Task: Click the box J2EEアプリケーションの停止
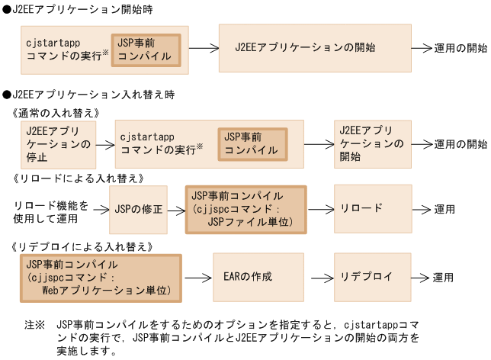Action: [x=58, y=143]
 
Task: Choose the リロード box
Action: [x=367, y=209]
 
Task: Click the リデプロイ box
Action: [x=367, y=276]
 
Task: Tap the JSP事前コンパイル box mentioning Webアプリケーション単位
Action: [x=99, y=276]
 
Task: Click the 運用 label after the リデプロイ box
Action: [x=445, y=277]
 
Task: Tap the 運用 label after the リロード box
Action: [x=445, y=210]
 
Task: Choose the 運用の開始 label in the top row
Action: [x=461, y=47]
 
